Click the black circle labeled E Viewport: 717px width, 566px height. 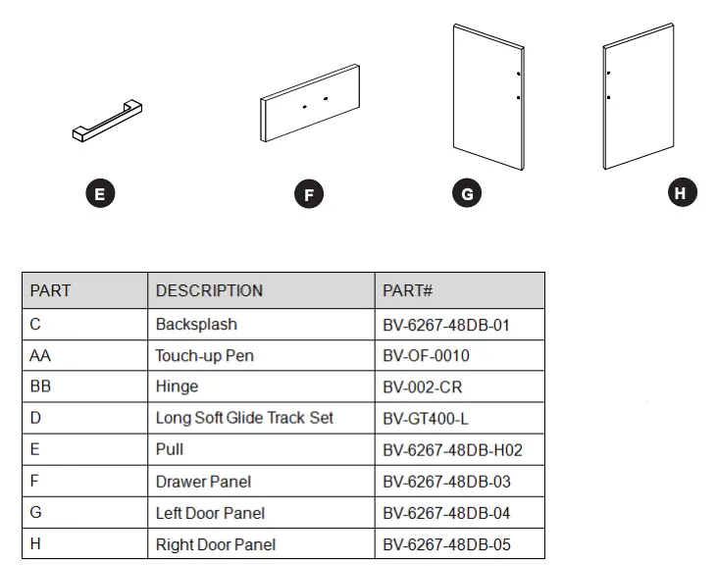point(99,193)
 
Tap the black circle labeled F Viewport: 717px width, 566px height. point(309,194)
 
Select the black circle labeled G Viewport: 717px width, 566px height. point(467,193)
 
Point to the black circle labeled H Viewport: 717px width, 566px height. point(681,192)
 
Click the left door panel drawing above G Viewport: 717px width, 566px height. point(489,95)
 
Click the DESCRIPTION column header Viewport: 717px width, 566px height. point(209,290)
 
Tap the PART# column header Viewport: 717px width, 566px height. point(408,290)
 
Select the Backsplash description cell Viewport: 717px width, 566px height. point(196,324)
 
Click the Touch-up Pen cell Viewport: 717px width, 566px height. point(204,355)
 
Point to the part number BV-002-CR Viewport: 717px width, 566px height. point(422,386)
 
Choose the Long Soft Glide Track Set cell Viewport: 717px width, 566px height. point(244,418)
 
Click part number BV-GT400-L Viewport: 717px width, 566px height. point(426,418)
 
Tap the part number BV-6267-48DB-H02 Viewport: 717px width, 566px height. point(452,449)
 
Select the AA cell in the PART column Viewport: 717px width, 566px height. point(40,355)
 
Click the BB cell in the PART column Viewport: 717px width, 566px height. point(40,386)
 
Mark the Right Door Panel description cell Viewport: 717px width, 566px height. point(215,544)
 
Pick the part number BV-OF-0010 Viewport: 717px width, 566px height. point(426,355)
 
